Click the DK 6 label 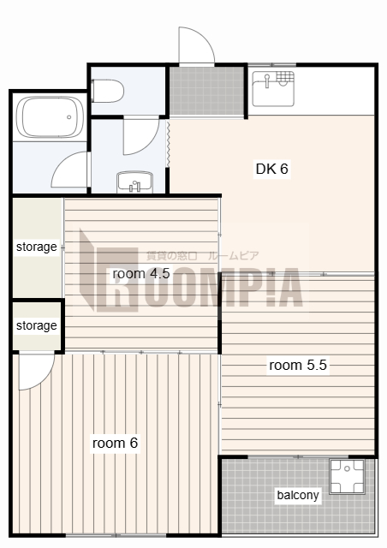272,169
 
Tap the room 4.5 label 141,273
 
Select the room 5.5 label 298,366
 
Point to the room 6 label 115,444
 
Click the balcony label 298,495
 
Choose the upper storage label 36,247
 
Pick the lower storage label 36,325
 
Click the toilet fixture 108,91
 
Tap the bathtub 50,117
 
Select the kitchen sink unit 273,89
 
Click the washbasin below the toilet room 134,182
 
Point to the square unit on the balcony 347,476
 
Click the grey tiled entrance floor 207,90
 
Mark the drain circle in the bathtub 69,117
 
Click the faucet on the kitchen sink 267,80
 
